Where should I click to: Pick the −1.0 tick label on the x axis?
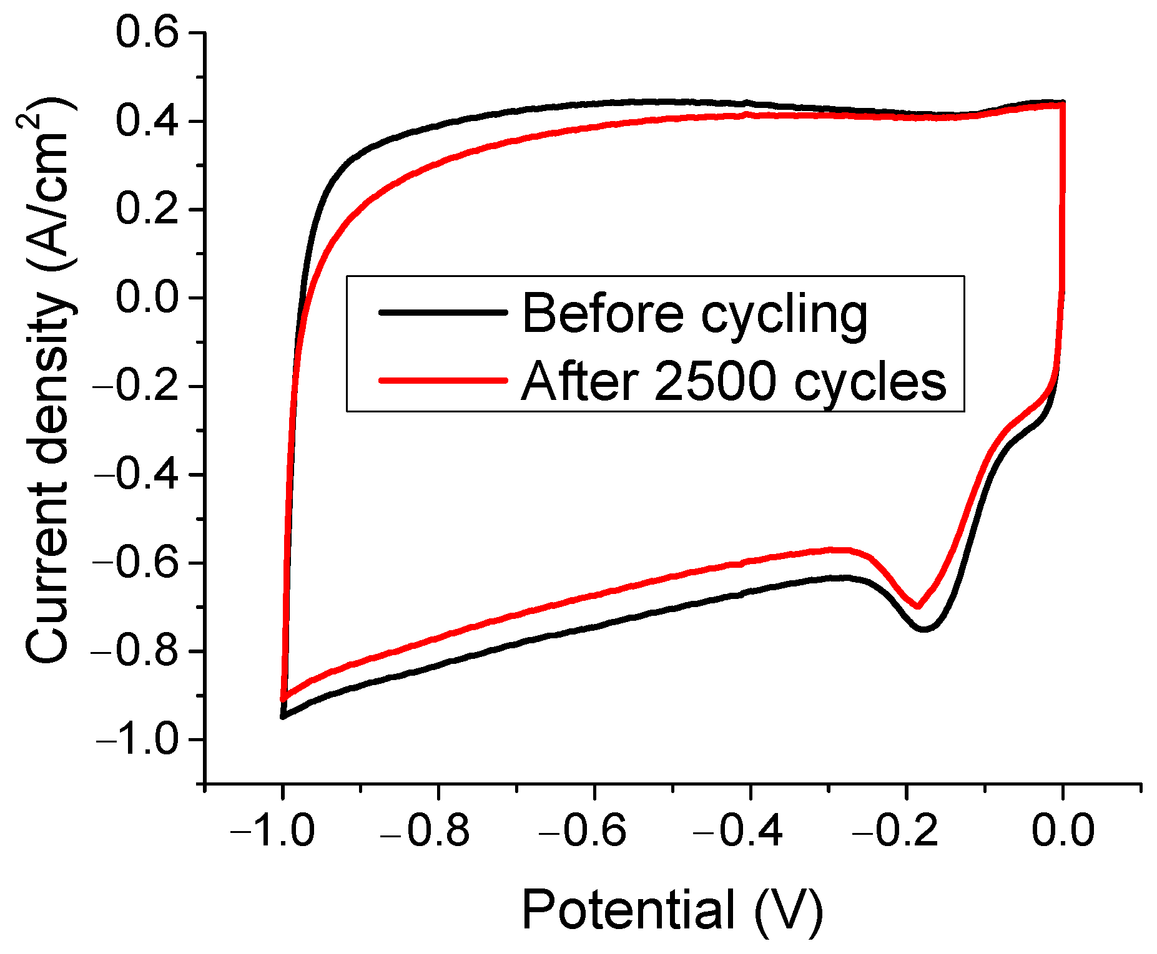272,830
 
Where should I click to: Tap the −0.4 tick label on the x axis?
739,830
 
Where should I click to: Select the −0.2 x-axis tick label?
895,830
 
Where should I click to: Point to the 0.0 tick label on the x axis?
1063,830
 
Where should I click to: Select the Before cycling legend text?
694,313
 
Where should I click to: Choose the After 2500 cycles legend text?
733,381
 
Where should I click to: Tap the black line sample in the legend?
443,311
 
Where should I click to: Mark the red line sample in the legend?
443,379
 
